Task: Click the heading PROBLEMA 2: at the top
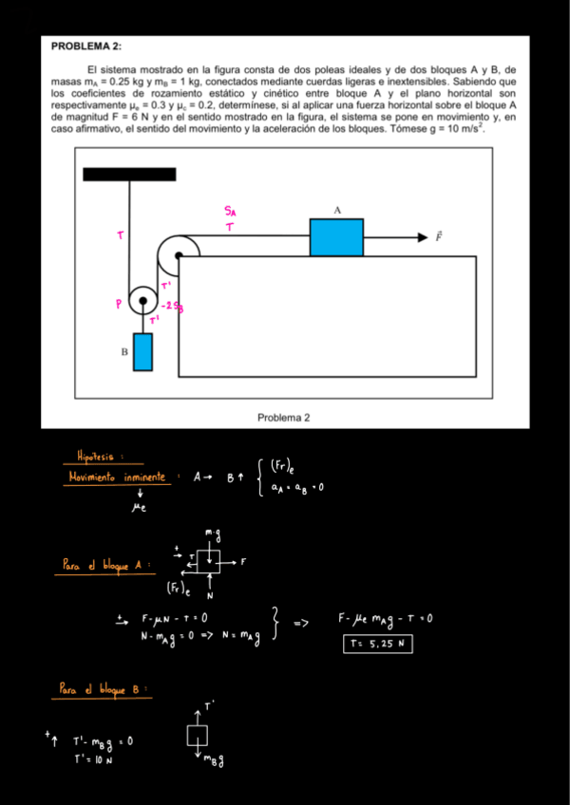86,46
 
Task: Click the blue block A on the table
336,237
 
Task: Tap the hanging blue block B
142,351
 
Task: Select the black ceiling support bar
129,174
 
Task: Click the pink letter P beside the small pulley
119,304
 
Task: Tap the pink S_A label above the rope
232,211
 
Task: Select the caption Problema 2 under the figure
283,417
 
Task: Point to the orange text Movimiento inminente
118,477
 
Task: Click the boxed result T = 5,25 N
378,646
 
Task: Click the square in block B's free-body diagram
197,736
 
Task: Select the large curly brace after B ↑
260,477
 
